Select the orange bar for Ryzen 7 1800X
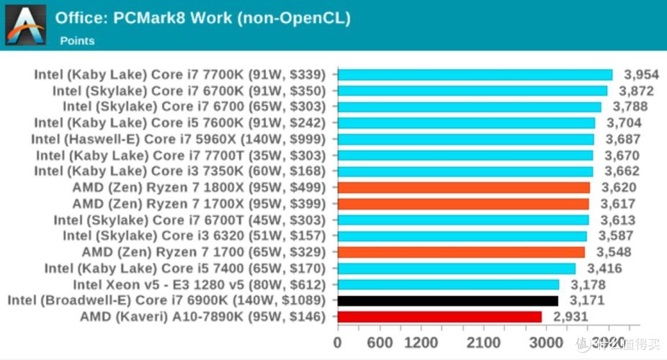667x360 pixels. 463,187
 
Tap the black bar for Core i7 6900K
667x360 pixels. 447,300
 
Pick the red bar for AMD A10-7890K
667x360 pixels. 439,317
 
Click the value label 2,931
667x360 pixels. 570,317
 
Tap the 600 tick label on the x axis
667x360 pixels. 380,342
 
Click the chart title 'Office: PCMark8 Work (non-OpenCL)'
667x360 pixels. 202,18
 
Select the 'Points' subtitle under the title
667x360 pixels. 76,40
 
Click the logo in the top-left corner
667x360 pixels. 25,25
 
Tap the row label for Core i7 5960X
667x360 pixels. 179,139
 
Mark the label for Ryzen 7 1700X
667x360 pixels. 200,204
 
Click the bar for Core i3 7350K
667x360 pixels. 465,171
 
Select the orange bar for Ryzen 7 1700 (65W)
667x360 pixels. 461,252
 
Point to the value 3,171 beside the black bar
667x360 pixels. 587,300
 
